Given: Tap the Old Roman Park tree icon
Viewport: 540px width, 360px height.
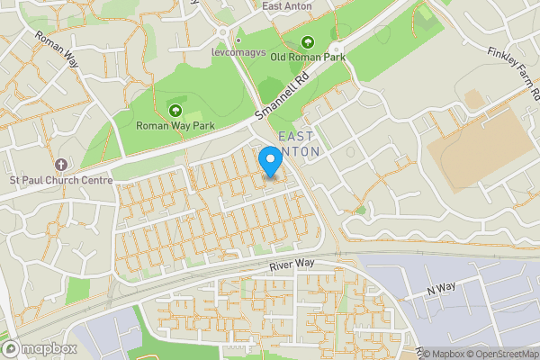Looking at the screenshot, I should tap(307, 41).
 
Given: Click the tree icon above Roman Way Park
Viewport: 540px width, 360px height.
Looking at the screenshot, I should tap(175, 111).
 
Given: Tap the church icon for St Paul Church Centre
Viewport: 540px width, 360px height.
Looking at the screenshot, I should tap(61, 165).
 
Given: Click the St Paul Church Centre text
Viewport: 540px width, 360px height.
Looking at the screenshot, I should tap(61, 180).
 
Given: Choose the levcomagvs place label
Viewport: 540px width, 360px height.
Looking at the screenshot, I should tap(239, 54).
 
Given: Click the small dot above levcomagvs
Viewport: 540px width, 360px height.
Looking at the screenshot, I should tap(238, 40).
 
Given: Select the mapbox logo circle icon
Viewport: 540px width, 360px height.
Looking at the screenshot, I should tap(13, 348).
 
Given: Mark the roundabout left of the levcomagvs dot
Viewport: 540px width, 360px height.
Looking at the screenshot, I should tap(222, 33).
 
